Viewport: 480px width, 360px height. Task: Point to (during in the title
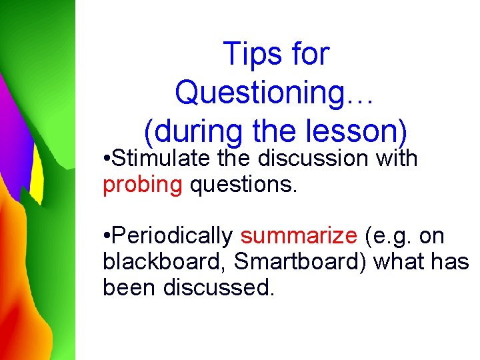192,131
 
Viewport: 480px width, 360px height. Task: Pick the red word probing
142,185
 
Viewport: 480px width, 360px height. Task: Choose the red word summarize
299,236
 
